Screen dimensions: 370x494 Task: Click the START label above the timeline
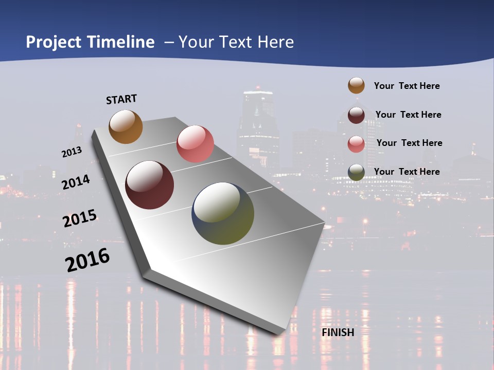pos(121,99)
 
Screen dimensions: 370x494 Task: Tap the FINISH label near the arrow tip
pos(338,332)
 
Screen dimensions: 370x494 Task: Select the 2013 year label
pos(72,152)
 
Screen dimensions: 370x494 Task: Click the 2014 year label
pos(76,182)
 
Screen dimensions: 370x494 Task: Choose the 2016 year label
pos(87,260)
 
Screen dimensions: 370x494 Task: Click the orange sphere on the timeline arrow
pos(126,126)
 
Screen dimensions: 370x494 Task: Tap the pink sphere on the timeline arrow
pos(195,143)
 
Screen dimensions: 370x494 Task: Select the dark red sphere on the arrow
pos(150,185)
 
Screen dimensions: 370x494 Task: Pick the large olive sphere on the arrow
pos(223,213)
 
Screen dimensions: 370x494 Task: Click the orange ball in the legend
pos(356,85)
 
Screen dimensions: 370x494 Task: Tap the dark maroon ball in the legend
pos(356,115)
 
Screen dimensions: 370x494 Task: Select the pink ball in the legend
pos(356,143)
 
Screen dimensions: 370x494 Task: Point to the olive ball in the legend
pos(356,172)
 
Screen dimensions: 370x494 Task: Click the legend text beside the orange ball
pos(407,86)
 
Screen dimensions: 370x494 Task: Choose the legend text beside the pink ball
pos(409,143)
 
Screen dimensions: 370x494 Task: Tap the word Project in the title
pos(54,42)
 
